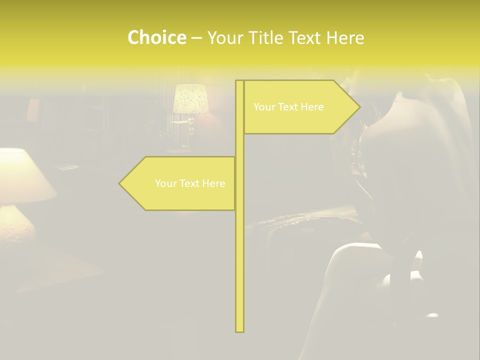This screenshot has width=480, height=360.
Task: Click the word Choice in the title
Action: [x=156, y=38]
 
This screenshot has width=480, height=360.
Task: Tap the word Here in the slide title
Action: [x=345, y=38]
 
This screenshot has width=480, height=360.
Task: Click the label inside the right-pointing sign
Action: [x=288, y=107]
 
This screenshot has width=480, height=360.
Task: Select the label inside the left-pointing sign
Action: [x=190, y=183]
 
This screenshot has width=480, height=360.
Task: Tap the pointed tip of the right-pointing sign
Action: [x=359, y=106]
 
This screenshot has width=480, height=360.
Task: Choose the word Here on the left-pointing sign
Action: [x=214, y=183]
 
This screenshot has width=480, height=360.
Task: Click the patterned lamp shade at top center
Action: [x=190, y=98]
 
